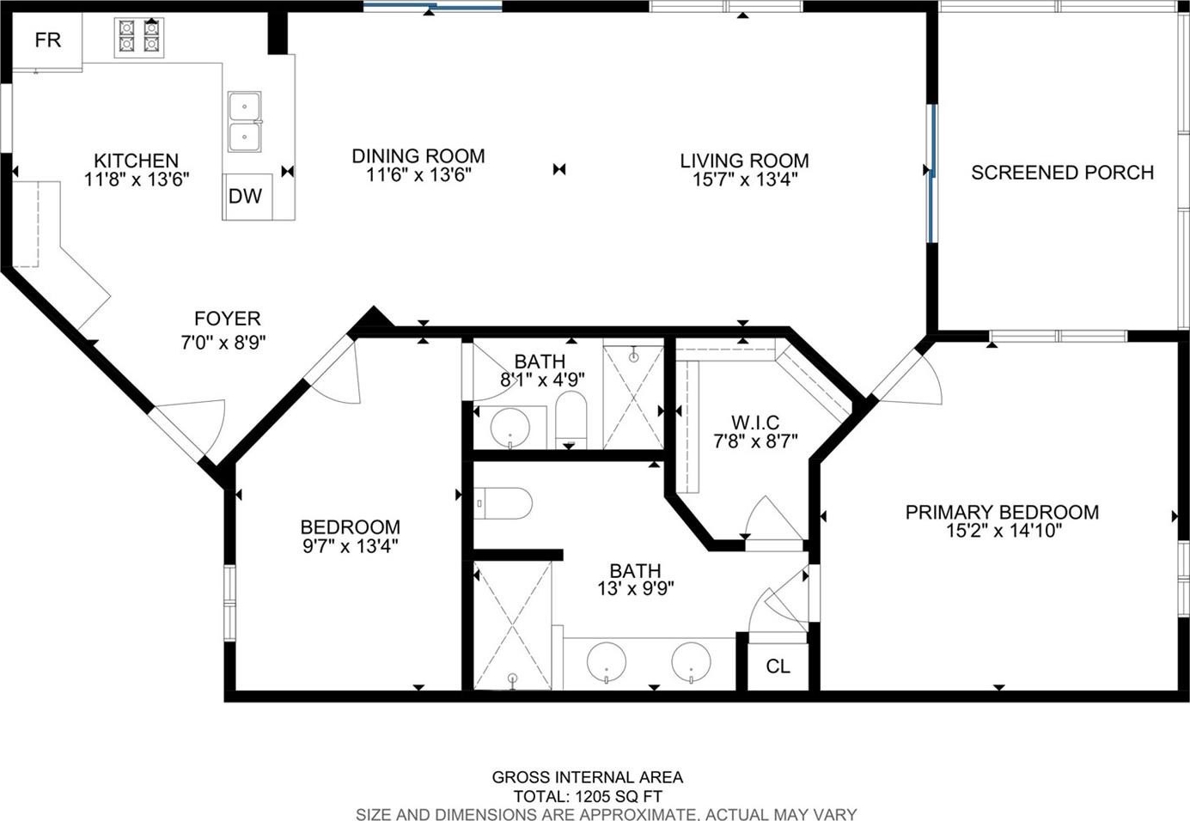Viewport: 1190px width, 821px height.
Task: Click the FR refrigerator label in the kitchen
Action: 48,40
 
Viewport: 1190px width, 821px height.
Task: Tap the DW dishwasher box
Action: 247,197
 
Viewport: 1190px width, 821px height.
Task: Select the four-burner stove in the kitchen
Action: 139,38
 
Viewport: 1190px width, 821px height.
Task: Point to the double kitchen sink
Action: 244,122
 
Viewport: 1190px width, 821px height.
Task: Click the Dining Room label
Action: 418,156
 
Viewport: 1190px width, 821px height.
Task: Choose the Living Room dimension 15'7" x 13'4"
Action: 744,179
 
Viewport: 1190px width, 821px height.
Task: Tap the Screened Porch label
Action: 1063,173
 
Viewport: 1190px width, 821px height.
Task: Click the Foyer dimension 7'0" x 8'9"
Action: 223,343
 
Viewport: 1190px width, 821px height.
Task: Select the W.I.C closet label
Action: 755,423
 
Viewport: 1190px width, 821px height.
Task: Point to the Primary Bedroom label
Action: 1002,512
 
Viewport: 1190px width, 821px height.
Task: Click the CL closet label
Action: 778,666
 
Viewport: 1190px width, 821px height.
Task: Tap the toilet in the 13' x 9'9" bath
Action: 503,503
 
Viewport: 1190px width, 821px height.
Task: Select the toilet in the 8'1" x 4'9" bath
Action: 571,420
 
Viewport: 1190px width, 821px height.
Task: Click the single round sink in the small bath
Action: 510,428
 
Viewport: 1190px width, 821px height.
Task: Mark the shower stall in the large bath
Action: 512,625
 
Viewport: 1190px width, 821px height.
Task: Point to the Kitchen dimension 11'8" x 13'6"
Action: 137,179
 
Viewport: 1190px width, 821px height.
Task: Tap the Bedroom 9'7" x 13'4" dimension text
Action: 350,546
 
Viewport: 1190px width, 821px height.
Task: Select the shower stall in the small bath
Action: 633,398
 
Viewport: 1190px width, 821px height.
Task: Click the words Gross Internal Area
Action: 588,777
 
